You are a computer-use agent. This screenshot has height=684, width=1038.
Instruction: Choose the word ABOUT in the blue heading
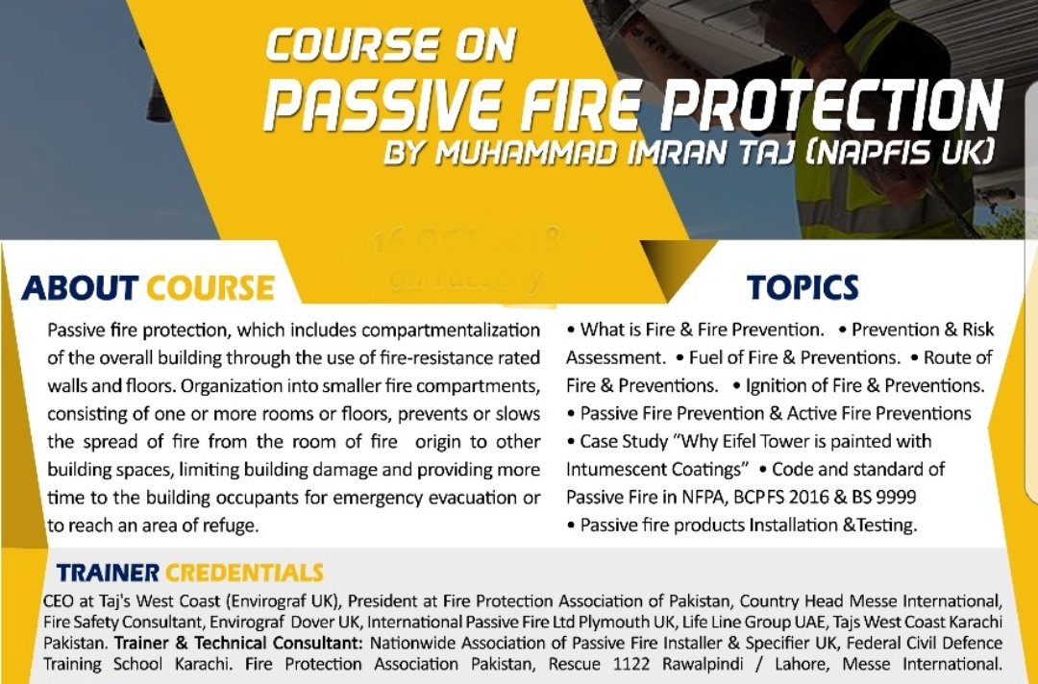(80, 287)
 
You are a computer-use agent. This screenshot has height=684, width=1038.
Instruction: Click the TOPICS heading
(803, 287)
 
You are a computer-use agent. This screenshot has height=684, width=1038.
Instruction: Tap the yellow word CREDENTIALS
(244, 574)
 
